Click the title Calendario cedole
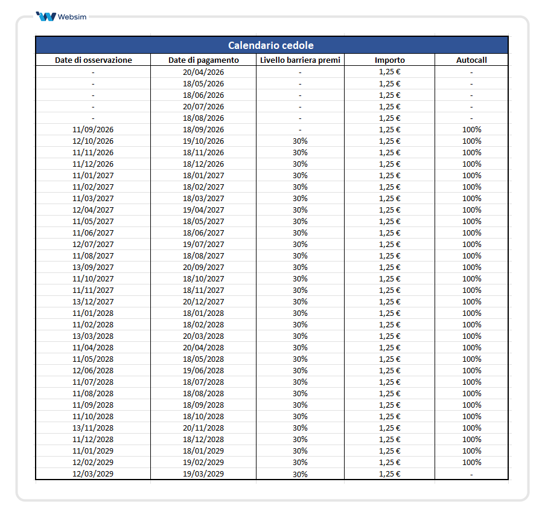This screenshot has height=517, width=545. click(271, 45)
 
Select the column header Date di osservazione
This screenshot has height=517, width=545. click(93, 60)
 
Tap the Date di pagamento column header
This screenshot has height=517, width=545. click(203, 60)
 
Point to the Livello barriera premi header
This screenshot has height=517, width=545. click(300, 60)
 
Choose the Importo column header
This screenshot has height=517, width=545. click(389, 60)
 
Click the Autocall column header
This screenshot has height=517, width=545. click(471, 60)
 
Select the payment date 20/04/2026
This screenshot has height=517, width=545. click(203, 72)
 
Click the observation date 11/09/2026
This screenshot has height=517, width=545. click(93, 129)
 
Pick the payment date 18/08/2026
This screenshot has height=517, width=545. click(203, 118)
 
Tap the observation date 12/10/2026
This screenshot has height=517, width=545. click(93, 141)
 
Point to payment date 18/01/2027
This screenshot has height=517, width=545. click(203, 175)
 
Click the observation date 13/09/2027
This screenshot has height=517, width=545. click(93, 267)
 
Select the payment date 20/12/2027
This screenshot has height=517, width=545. click(203, 301)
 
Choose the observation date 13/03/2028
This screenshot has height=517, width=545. click(93, 336)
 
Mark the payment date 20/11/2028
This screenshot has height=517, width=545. click(203, 428)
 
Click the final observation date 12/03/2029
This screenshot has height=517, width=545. click(93, 474)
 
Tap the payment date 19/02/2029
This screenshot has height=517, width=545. click(203, 462)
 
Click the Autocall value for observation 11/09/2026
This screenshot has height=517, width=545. click(471, 129)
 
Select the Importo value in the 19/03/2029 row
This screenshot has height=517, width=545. click(389, 474)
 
